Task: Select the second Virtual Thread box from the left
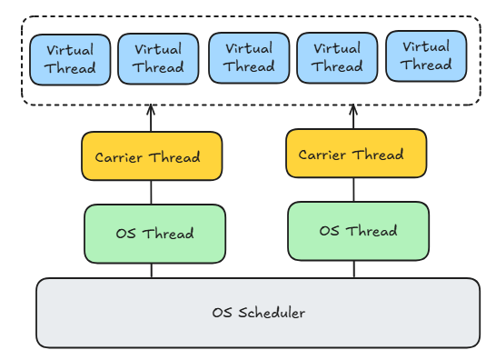click(158, 59)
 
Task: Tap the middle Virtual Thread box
click(249, 58)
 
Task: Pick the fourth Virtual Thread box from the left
click(337, 58)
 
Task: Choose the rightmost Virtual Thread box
click(426, 56)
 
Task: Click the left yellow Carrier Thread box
click(152, 156)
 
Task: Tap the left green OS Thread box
click(154, 234)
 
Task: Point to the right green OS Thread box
click(358, 231)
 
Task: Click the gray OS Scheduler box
click(258, 313)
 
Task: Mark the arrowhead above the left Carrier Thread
click(152, 110)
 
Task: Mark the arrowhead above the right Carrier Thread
click(354, 110)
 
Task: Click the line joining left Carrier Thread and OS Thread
click(152, 192)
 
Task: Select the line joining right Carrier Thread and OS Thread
click(354, 189)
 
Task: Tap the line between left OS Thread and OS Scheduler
click(152, 270)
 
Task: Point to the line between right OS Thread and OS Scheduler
click(354, 268)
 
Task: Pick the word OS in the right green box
click(330, 231)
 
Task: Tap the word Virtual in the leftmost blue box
click(70, 50)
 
